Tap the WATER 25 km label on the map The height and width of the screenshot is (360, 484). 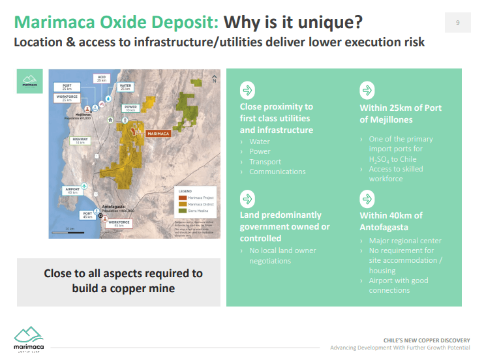[126, 87]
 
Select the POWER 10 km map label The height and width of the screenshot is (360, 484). [130, 108]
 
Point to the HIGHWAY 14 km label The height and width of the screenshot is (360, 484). [81, 140]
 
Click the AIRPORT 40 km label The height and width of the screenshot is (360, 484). [72, 190]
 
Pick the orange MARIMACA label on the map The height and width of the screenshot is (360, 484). [158, 134]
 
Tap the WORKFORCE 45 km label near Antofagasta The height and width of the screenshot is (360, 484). [120, 223]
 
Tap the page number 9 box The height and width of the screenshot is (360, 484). [458, 23]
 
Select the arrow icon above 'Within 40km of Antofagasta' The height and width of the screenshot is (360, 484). [367, 199]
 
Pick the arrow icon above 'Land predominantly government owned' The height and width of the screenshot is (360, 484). [247, 198]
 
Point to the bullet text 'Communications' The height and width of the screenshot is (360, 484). [277, 172]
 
